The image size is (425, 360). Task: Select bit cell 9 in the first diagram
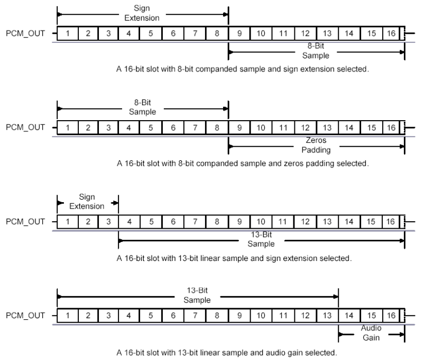pyautogui.click(x=239, y=34)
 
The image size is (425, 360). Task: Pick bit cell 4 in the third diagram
pyautogui.click(x=129, y=222)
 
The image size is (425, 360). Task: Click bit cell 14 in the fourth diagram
pyautogui.click(x=348, y=316)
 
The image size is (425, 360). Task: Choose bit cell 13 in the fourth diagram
pyautogui.click(x=328, y=316)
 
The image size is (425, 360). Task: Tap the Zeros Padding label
pyautogui.click(x=315, y=145)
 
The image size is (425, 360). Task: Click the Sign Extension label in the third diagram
pyautogui.click(x=87, y=202)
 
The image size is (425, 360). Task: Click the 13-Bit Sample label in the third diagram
pyautogui.click(x=261, y=239)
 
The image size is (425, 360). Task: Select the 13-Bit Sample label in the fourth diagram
pyautogui.click(x=197, y=296)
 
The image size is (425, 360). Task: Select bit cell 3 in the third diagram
pyautogui.click(x=108, y=222)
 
